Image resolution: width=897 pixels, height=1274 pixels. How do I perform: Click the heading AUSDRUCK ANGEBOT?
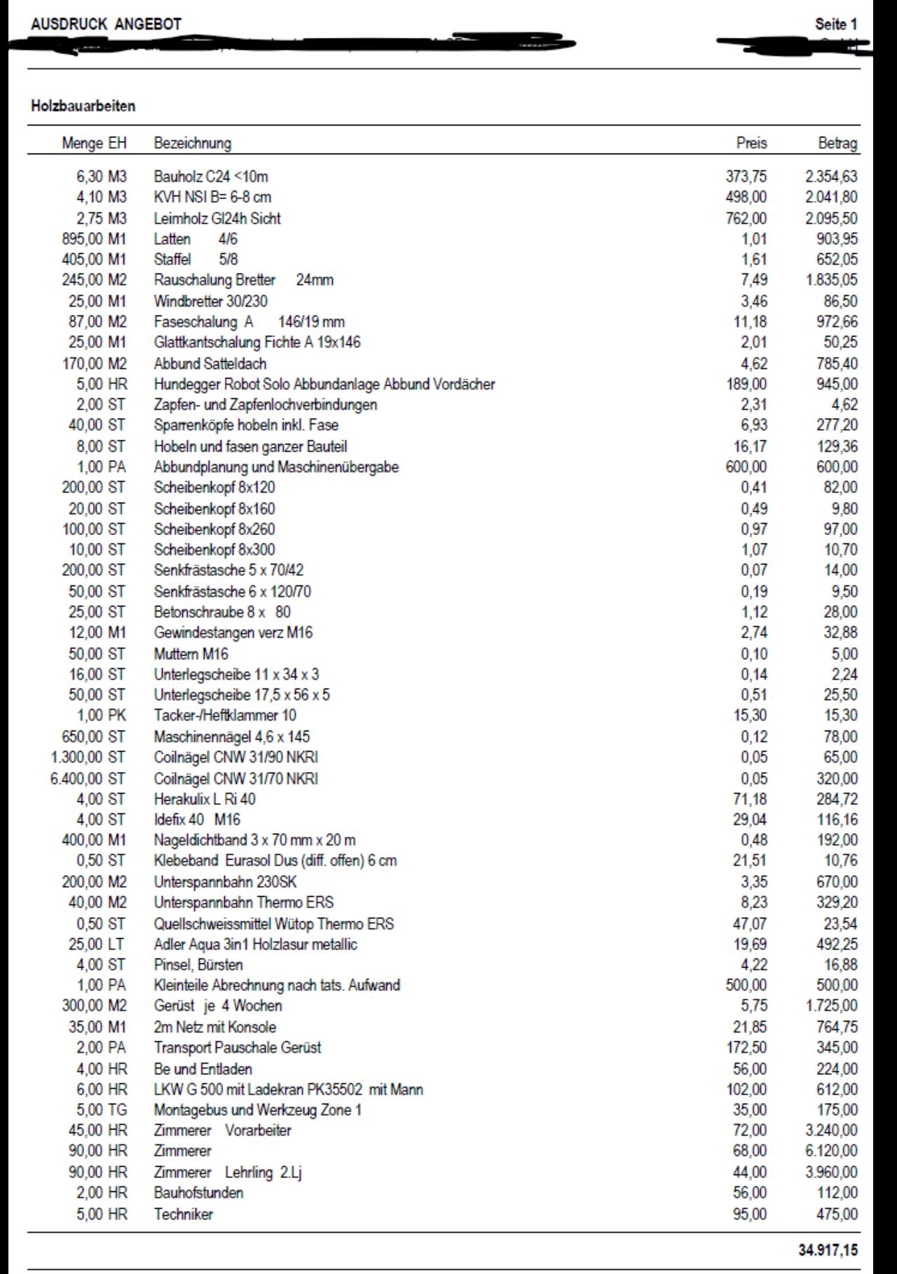pos(106,25)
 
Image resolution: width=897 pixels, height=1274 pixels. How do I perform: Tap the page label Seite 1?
pos(835,25)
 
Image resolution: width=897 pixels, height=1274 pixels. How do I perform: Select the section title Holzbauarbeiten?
pos(83,107)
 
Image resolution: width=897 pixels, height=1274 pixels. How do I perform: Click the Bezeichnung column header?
pos(192,143)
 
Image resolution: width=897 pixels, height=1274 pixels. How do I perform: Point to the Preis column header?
pos(751,143)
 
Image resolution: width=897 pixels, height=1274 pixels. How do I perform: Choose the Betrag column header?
pos(837,143)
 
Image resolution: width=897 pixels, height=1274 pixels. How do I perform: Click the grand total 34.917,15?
pos(827,1249)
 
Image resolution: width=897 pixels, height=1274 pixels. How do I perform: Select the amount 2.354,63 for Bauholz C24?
pos(830,177)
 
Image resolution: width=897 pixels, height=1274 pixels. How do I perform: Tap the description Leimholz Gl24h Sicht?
pos(217,218)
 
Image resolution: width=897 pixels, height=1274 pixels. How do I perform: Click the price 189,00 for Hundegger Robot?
pos(746,384)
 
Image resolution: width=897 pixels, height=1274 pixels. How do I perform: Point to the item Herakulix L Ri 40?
pos(205,799)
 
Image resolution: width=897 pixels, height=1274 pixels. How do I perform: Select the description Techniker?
pos(184,1214)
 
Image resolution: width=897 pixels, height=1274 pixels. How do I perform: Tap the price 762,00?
pos(746,218)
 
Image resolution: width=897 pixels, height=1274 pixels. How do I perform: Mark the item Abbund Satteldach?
pos(210,364)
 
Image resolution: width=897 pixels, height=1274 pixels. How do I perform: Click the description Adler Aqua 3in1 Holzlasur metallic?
pos(255,944)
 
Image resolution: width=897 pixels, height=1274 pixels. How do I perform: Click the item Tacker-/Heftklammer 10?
pos(225,715)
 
